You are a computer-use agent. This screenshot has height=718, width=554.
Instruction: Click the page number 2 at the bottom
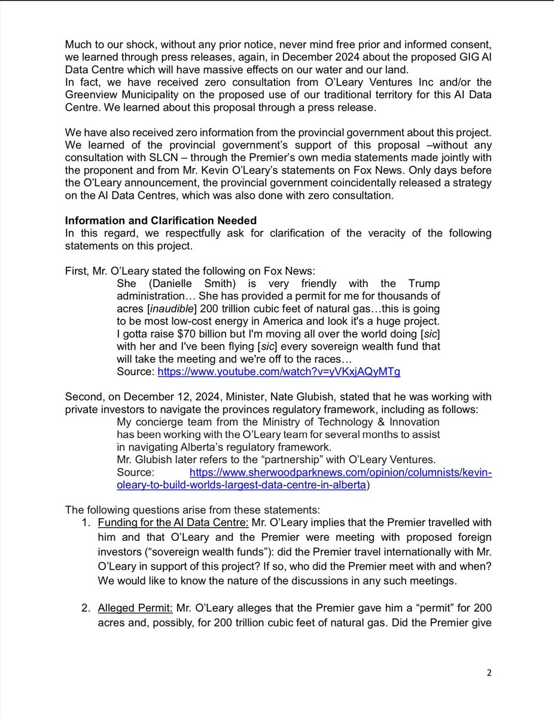(x=489, y=673)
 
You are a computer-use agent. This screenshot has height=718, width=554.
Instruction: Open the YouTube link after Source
(x=279, y=371)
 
